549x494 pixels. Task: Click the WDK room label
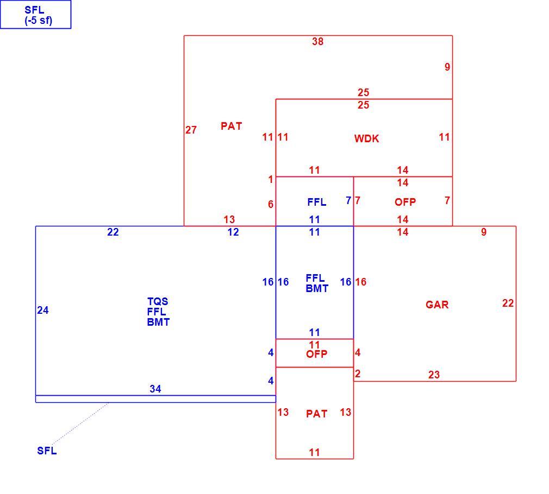coord(366,139)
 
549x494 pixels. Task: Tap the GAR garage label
coord(437,305)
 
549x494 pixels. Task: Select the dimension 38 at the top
coord(317,42)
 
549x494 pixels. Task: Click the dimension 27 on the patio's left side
coord(191,130)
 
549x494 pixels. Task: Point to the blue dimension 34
coord(155,389)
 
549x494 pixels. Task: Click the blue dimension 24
coord(43,310)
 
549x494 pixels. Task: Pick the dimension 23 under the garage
coord(434,375)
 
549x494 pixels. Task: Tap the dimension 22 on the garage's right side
coord(508,303)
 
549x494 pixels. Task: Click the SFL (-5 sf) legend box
coord(36,14)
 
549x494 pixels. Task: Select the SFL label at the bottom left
coord(47,451)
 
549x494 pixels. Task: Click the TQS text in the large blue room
coord(158,301)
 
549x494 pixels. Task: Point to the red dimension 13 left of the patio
coord(283,412)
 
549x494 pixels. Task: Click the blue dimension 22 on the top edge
coord(113,232)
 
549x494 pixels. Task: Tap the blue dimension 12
coord(233,232)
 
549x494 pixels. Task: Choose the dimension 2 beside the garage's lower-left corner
coord(358,373)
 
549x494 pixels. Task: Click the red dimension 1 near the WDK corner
coord(270,179)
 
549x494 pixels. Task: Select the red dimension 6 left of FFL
coord(271,204)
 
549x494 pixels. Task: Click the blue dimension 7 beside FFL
coord(348,201)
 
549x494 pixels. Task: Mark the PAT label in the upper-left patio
coord(231,126)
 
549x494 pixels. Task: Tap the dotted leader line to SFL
coord(80,423)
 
